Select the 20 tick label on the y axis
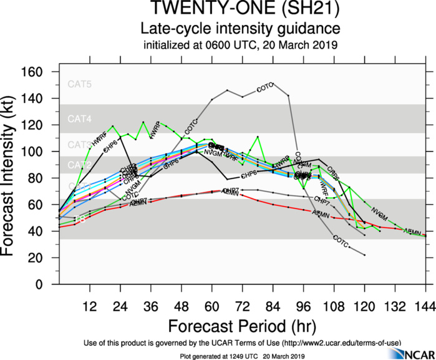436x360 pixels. click(x=36, y=258)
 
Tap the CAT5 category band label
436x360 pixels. click(x=80, y=84)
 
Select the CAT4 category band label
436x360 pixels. click(x=80, y=119)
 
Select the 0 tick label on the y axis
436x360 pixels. click(x=40, y=285)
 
